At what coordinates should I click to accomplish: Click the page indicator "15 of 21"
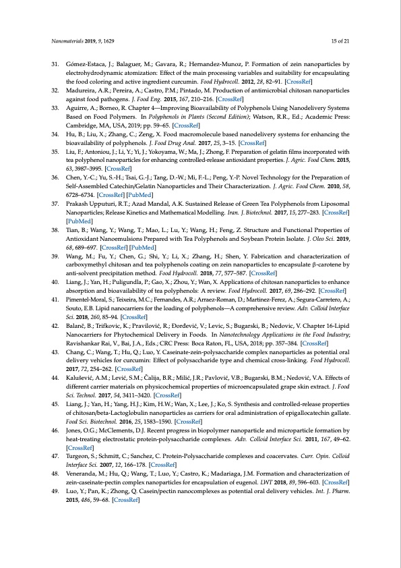(x=342, y=41)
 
